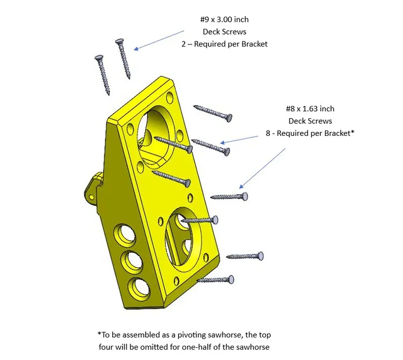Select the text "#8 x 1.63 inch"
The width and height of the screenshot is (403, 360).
coord(310,108)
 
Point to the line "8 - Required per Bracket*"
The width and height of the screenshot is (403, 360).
coord(310,133)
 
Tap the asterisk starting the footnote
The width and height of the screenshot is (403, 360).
coord(99,334)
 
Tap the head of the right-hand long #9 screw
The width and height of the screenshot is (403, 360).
coord(119,41)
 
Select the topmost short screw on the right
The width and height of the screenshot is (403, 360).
coord(213,113)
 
